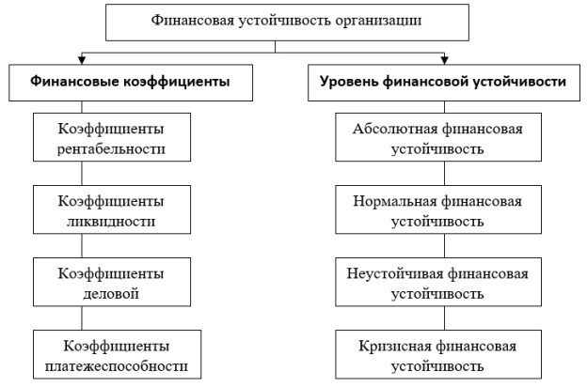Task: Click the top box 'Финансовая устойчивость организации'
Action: [287, 23]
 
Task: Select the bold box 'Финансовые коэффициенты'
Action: [131, 83]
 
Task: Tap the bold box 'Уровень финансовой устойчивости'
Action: [444, 83]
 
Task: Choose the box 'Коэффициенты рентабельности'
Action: [112, 137]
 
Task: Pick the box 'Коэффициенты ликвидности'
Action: [112, 209]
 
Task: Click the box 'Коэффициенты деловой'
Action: [112, 282]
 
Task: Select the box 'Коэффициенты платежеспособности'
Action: [118, 354]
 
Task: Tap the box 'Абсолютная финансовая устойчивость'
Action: [438, 137]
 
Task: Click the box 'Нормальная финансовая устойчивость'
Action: [438, 209]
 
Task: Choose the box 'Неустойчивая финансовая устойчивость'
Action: [438, 282]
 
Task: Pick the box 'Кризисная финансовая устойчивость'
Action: [438, 354]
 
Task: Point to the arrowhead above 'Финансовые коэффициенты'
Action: [82, 60]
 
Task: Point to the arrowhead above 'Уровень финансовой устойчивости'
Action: [444, 60]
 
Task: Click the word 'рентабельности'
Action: [111, 149]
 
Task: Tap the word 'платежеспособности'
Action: [117, 366]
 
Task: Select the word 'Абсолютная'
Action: [395, 129]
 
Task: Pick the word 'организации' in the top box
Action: [378, 21]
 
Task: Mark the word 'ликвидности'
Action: [111, 222]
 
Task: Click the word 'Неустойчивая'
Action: [394, 273]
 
